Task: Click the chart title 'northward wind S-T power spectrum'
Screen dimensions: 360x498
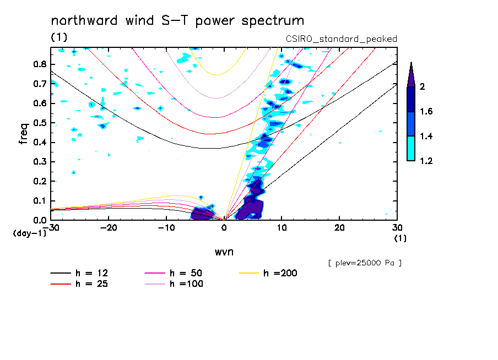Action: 177,21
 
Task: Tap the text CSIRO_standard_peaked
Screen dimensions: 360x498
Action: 342,39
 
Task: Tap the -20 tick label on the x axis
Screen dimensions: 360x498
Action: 109,227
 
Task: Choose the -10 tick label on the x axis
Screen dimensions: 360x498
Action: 166,227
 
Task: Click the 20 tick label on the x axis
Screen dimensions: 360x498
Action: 339,227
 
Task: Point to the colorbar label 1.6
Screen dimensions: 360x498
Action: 426,112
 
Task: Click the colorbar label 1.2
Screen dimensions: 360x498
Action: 426,161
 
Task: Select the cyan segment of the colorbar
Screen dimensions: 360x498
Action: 411,149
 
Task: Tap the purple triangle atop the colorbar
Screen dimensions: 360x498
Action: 411,75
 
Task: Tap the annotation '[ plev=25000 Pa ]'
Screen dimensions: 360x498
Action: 365,263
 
